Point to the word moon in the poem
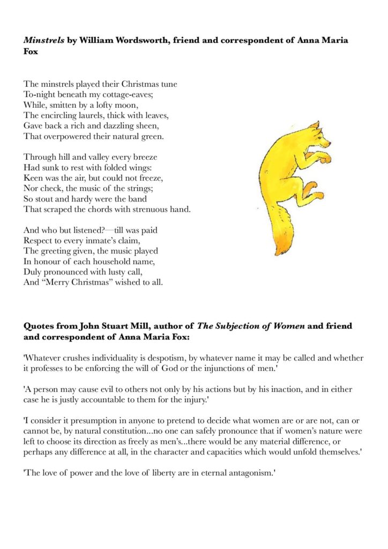tap(127, 104)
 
